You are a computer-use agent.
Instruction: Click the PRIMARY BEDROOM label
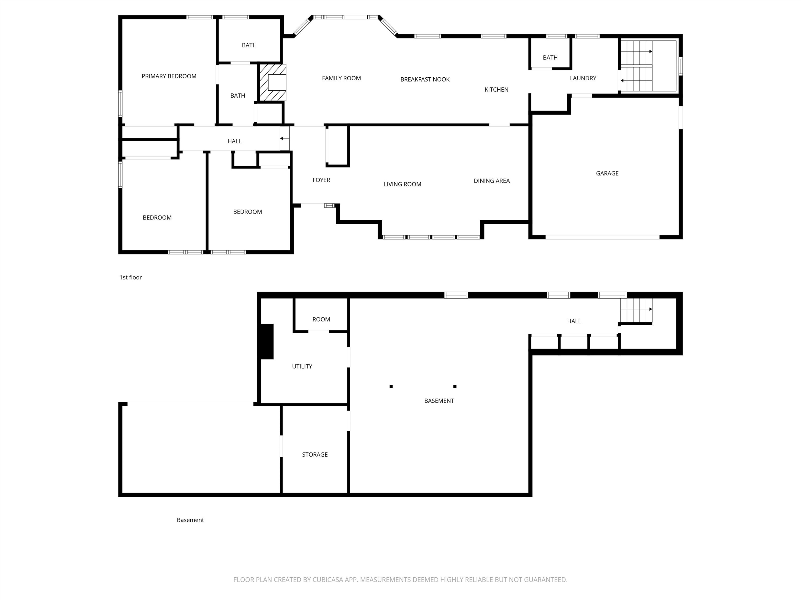click(169, 76)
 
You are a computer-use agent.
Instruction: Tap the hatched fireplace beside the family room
click(273, 82)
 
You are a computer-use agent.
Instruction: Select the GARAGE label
click(607, 173)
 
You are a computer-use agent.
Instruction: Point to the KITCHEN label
click(496, 89)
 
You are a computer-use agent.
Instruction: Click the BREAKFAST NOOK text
click(425, 79)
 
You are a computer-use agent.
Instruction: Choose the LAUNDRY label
click(583, 78)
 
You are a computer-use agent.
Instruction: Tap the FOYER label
click(321, 180)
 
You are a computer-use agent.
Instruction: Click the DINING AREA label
click(492, 181)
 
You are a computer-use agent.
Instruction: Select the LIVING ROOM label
click(402, 184)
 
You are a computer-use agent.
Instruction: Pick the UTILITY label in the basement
click(302, 366)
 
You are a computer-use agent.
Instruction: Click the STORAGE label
click(315, 455)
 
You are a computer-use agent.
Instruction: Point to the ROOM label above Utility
click(321, 319)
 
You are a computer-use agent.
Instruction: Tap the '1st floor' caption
click(131, 277)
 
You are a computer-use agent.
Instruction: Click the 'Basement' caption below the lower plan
click(190, 520)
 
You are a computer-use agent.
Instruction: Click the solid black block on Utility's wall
click(267, 341)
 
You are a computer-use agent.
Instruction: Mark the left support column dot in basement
click(391, 386)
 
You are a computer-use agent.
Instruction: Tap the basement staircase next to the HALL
click(636, 310)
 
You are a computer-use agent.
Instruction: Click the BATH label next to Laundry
click(550, 58)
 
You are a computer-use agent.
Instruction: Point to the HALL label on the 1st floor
click(234, 141)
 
